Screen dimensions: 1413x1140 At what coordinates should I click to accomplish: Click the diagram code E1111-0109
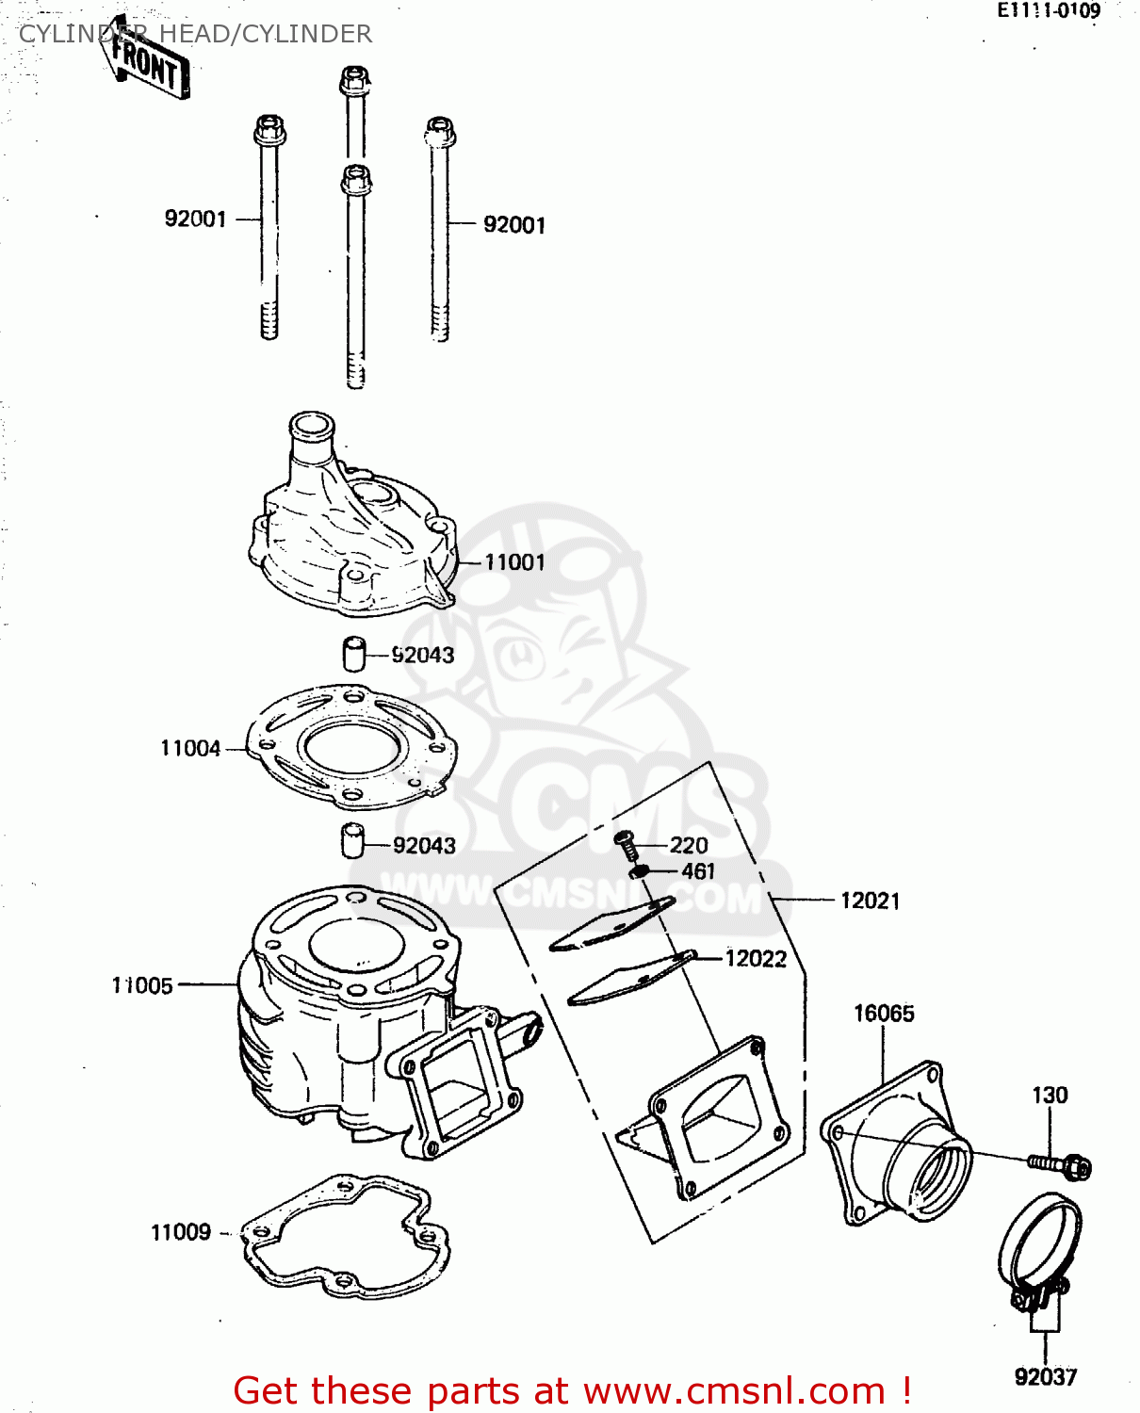point(1049,11)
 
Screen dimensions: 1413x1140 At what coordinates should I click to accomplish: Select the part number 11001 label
point(514,562)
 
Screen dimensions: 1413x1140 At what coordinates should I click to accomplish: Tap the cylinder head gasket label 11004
point(190,748)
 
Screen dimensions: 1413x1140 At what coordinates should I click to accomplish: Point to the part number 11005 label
point(143,985)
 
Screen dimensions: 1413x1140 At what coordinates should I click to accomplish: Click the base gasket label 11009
point(181,1232)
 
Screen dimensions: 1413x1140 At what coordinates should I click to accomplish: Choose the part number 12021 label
point(870,901)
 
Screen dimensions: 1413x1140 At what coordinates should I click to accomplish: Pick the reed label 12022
point(756,958)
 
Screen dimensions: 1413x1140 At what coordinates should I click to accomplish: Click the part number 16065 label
point(884,1014)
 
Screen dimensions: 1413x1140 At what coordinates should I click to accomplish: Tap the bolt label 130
point(1050,1095)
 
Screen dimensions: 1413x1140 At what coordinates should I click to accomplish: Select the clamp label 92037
point(1045,1377)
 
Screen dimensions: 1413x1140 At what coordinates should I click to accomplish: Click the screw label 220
point(689,845)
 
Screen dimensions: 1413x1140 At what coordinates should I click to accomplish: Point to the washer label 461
point(698,871)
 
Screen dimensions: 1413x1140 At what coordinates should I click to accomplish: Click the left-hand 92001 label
point(196,219)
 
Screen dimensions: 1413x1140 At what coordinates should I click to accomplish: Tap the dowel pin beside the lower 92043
point(353,840)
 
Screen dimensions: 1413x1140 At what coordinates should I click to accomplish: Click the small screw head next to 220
point(625,837)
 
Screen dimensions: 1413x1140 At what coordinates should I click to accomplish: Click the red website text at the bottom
point(572,1390)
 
